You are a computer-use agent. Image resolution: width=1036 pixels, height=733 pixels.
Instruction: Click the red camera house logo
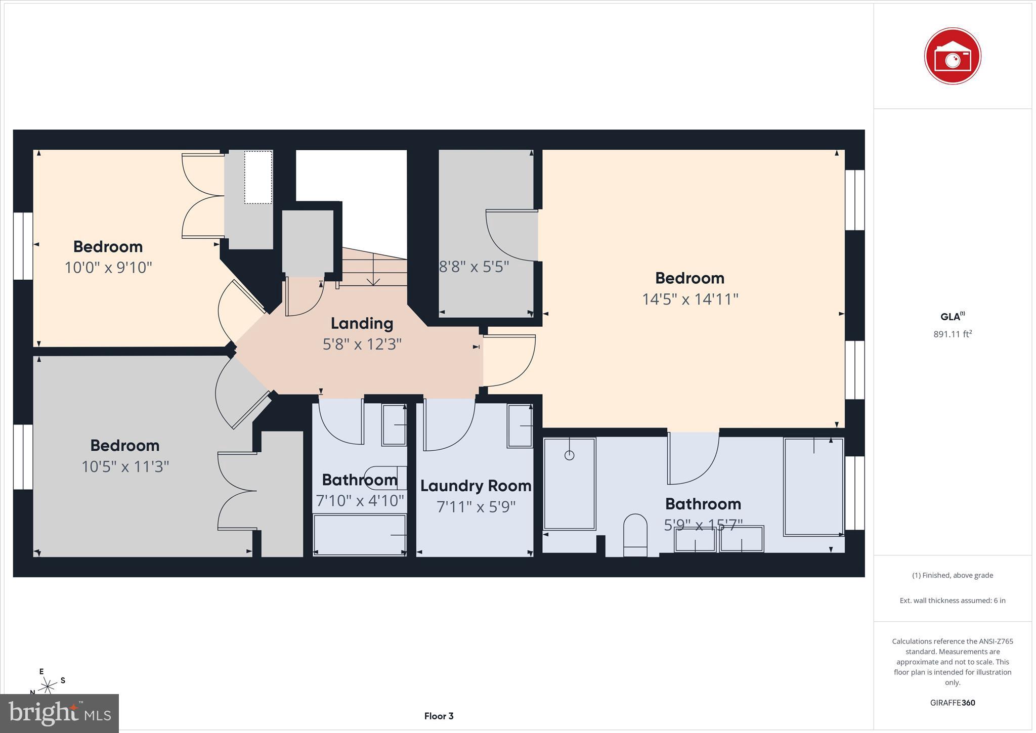[x=952, y=56]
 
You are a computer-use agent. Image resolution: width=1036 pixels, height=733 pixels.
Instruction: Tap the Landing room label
[x=362, y=323]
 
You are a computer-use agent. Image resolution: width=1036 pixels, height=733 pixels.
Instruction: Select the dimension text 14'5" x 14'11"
[x=690, y=299]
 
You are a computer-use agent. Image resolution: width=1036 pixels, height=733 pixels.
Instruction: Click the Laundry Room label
[x=476, y=486]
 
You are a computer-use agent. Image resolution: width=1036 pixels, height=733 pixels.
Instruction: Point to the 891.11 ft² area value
[x=953, y=334]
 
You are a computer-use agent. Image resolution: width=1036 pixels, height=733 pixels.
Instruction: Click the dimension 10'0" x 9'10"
[x=108, y=267]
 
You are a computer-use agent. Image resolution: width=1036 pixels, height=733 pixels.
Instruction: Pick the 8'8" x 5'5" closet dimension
[x=473, y=267]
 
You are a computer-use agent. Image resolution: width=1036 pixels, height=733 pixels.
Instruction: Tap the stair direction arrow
[x=373, y=271]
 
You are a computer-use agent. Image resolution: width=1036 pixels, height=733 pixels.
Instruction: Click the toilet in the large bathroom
[x=635, y=534]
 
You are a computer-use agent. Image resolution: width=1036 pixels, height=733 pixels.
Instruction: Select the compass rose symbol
[x=48, y=685]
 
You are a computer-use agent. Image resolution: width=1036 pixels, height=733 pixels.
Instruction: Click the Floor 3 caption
[x=439, y=716]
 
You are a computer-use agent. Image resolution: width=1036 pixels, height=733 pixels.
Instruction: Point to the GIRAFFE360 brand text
[x=953, y=703]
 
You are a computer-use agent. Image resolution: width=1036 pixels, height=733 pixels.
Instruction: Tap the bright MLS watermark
[x=60, y=713]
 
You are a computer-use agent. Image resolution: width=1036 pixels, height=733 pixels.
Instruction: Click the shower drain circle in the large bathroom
[x=569, y=455]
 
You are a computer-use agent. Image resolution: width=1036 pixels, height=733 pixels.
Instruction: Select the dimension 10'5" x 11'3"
[x=125, y=466]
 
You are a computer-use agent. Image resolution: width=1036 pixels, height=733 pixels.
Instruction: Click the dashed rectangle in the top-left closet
[x=258, y=177]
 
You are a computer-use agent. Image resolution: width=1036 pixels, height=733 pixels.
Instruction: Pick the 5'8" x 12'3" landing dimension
[x=362, y=344]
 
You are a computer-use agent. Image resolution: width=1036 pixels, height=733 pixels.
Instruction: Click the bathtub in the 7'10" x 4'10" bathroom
[x=359, y=534]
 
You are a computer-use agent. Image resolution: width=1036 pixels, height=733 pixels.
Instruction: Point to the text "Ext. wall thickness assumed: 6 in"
[x=953, y=600]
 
